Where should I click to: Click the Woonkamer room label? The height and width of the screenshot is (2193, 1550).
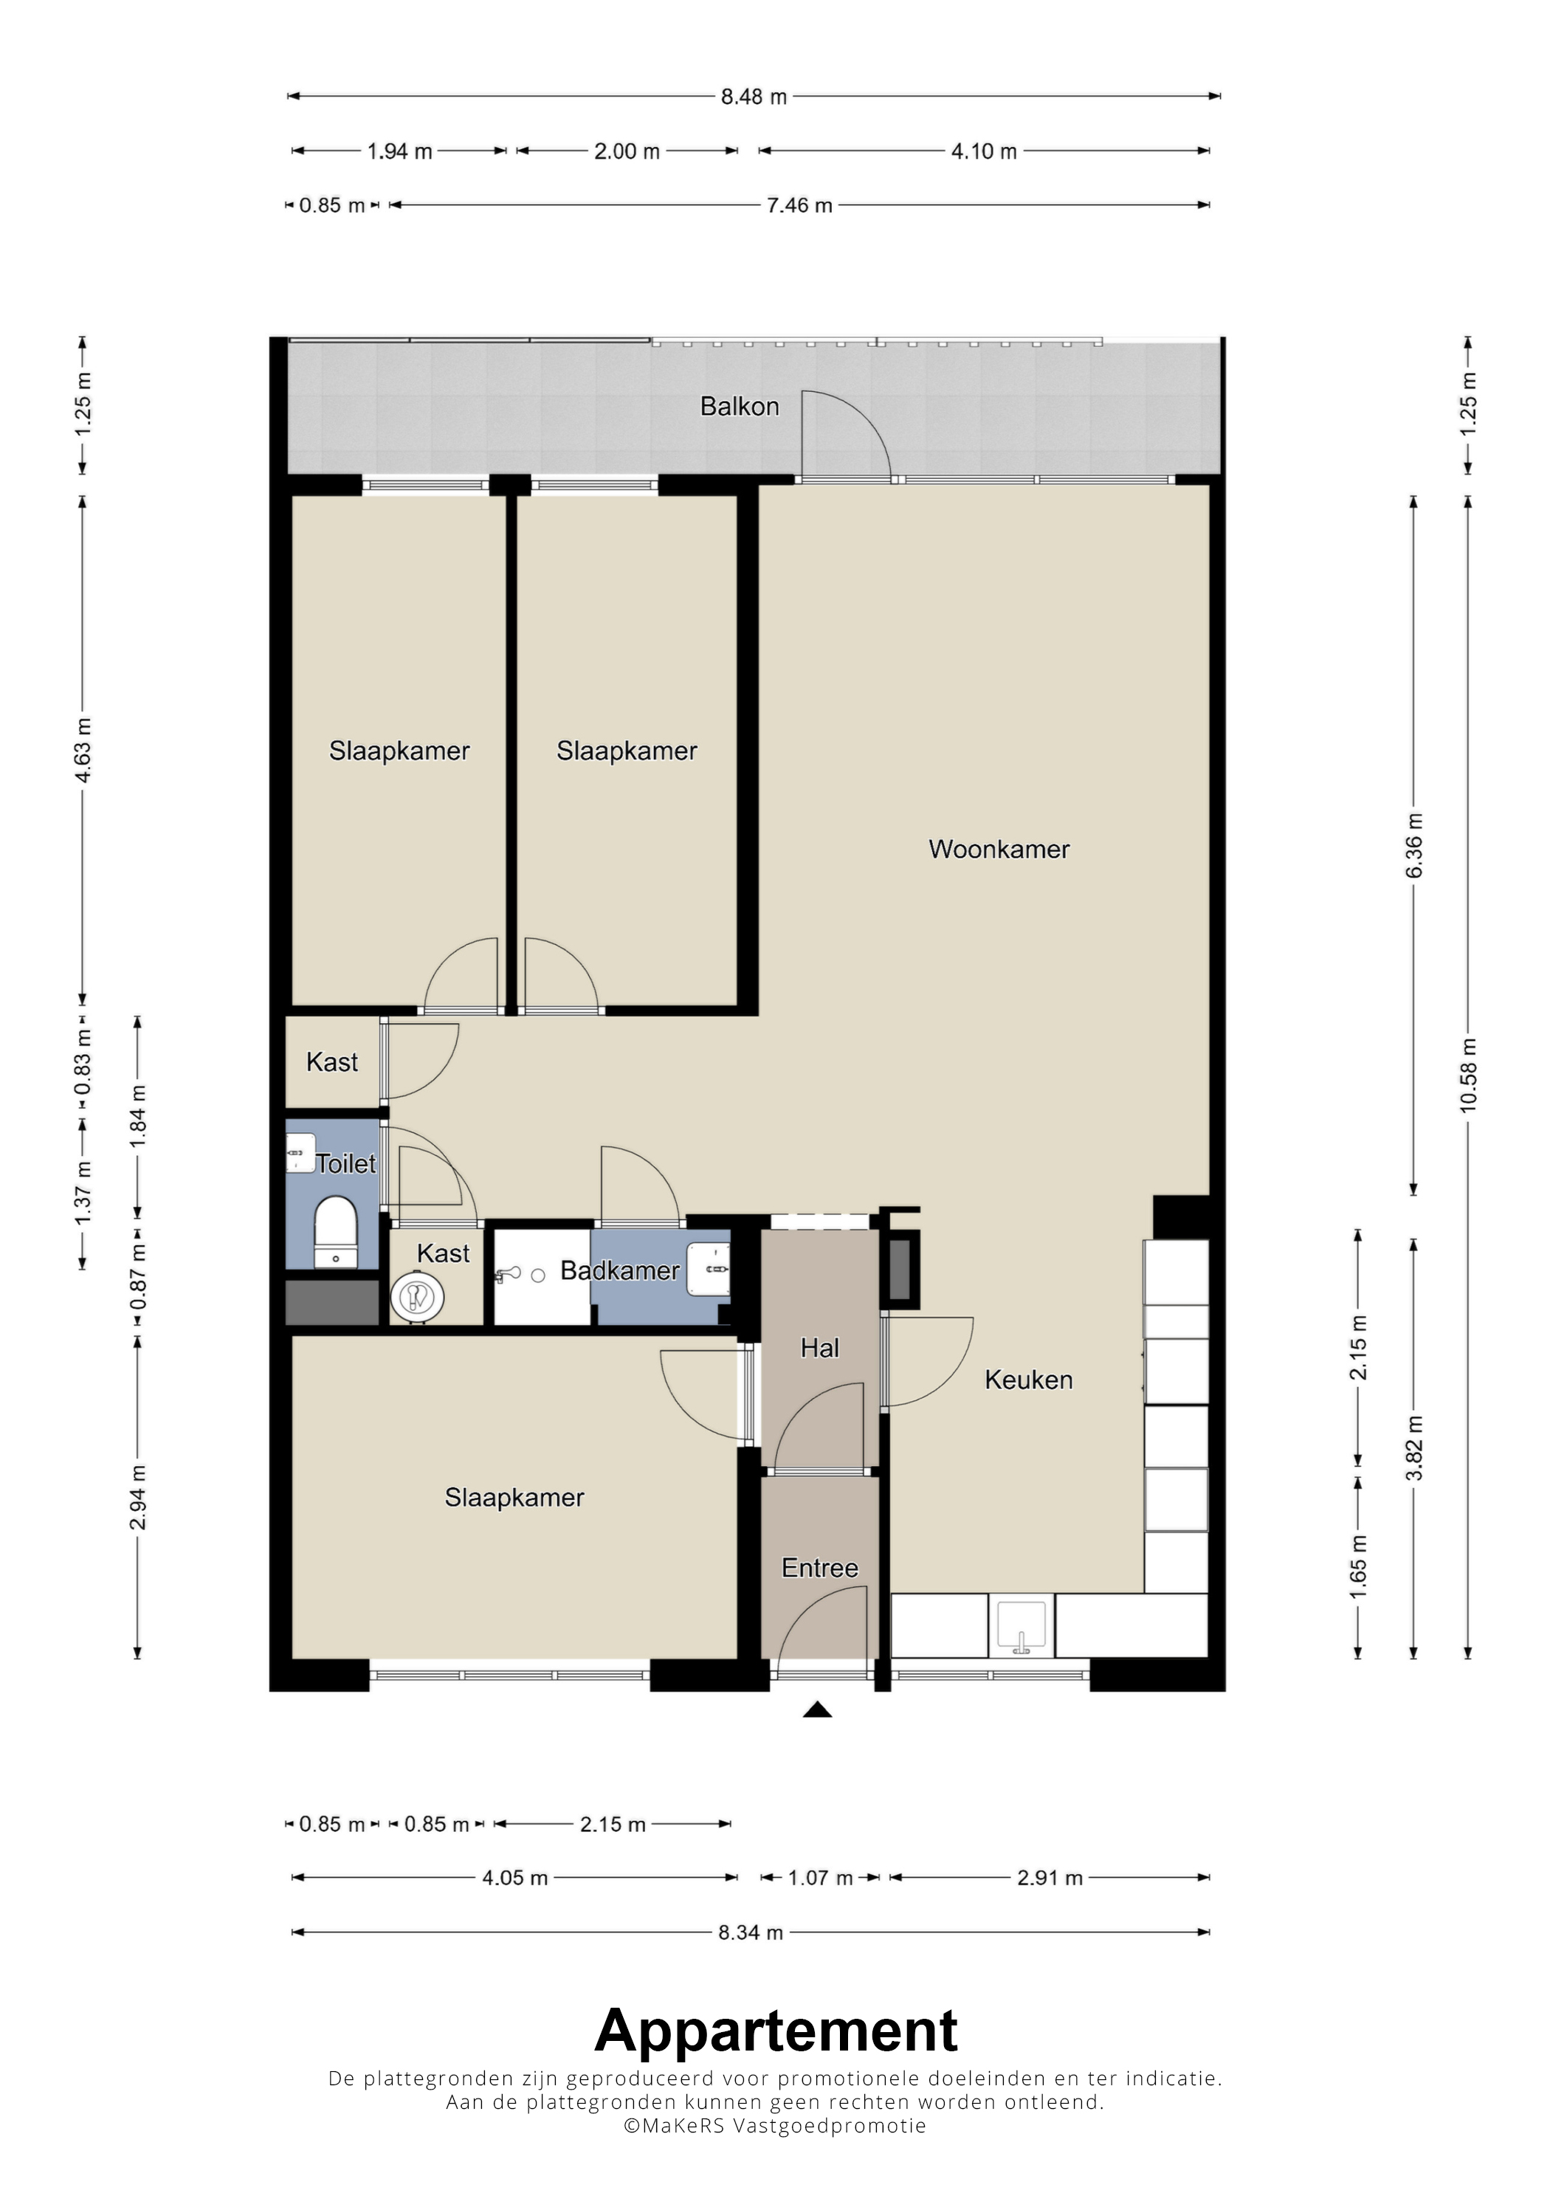point(999,849)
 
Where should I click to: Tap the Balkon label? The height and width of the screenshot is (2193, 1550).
point(739,407)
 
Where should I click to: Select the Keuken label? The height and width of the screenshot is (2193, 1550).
point(1029,1380)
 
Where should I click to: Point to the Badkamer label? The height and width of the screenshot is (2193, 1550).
point(620,1270)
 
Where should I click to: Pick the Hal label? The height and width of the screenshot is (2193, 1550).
point(819,1348)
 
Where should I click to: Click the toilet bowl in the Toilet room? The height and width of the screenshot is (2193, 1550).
point(335,1232)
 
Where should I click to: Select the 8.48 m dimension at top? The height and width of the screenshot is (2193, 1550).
point(754,97)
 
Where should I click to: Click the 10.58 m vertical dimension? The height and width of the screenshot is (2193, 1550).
point(1469,1075)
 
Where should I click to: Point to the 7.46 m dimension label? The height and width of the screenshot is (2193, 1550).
point(799,205)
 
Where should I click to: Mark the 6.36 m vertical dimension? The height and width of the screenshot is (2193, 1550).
point(1414,845)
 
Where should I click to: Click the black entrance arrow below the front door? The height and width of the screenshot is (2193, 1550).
point(816,1710)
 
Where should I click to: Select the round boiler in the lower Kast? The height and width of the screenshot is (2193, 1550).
point(417,1297)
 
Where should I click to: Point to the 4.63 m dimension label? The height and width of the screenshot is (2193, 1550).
point(83,750)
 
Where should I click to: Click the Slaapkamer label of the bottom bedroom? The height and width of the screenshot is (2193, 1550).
point(514,1498)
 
